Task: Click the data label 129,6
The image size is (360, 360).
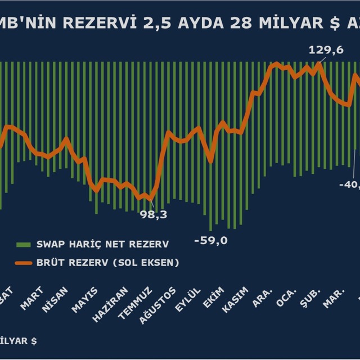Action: [326, 50]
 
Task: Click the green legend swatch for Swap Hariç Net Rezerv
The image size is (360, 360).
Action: [23, 245]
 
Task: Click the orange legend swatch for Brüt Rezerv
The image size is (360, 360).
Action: [23, 263]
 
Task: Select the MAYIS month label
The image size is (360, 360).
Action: [84, 299]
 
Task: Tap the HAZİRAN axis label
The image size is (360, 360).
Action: [106, 302]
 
